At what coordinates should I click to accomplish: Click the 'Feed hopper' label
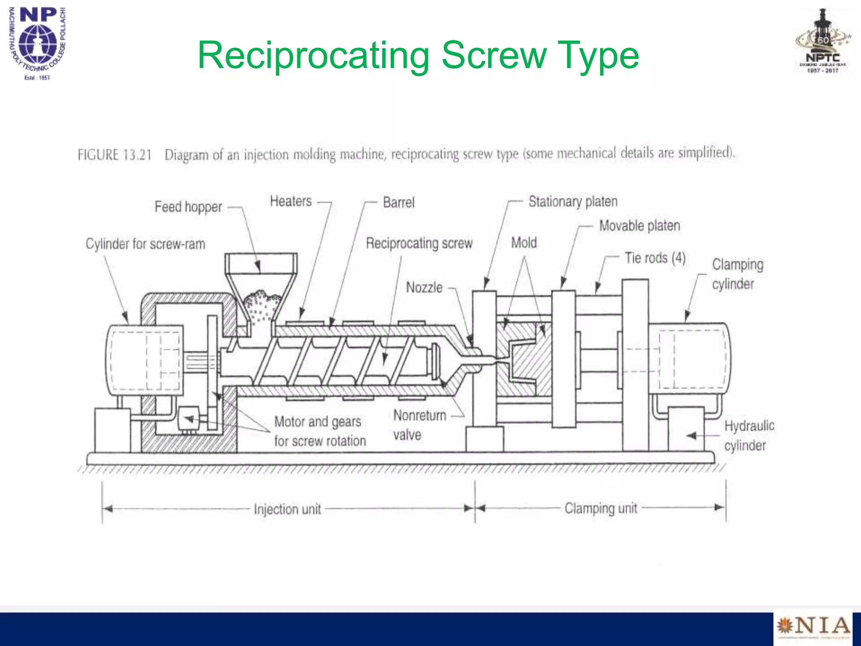tap(188, 207)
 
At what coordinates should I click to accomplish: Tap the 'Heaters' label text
tap(291, 201)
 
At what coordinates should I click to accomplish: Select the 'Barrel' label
tap(399, 202)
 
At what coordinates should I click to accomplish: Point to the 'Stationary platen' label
tap(573, 201)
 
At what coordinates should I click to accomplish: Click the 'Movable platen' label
tap(639, 226)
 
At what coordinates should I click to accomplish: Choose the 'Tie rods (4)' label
tap(655, 258)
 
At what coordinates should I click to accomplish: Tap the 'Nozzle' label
tap(424, 288)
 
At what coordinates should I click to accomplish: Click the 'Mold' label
tap(524, 243)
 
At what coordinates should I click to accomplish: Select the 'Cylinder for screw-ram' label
tap(145, 244)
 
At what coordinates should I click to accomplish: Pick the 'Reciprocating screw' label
tap(419, 243)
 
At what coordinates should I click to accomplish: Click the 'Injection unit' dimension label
tap(287, 509)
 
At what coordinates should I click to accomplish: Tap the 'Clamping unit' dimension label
tap(601, 508)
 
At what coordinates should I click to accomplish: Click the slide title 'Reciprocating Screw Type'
tap(418, 55)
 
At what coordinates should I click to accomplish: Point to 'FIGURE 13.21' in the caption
tap(114, 155)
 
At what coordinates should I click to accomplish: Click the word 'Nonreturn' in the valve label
tap(420, 416)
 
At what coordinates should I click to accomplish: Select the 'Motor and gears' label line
tap(317, 421)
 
